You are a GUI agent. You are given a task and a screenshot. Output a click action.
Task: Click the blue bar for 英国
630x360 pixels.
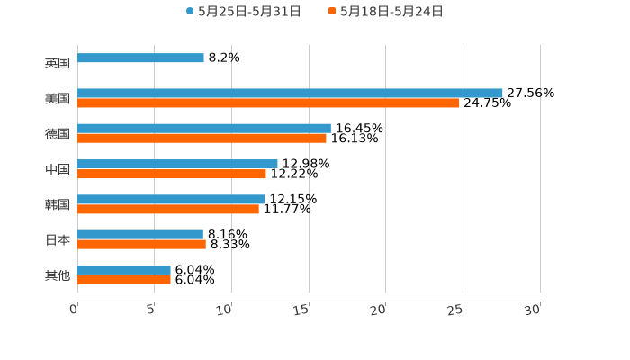(140, 58)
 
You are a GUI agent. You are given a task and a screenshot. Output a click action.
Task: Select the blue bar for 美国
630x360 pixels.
(290, 93)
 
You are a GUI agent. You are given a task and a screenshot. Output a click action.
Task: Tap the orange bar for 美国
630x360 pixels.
(268, 103)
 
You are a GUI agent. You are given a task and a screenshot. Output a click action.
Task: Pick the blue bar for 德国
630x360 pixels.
(204, 129)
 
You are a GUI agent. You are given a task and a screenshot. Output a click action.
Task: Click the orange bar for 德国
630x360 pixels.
(202, 139)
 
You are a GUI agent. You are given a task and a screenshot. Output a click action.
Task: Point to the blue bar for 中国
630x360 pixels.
(177, 164)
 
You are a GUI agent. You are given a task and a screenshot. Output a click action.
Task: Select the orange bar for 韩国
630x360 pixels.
(168, 210)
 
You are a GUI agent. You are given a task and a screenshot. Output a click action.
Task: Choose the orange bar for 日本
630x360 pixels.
(141, 245)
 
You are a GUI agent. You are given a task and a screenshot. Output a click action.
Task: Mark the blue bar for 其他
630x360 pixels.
(124, 270)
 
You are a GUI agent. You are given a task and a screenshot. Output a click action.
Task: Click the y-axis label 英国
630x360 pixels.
(58, 64)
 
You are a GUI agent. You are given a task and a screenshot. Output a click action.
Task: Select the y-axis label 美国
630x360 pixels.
(58, 99)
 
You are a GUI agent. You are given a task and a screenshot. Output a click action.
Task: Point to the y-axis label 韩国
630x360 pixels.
(58, 205)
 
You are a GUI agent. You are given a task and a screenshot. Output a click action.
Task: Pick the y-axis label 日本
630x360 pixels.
(58, 240)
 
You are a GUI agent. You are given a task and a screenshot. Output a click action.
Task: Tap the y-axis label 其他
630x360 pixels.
(58, 275)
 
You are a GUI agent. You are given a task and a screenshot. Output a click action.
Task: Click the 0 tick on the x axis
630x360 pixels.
(75, 310)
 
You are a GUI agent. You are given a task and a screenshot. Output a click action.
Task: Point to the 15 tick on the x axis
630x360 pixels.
(302, 310)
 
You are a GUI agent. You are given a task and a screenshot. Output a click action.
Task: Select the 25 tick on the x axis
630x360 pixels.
(456, 310)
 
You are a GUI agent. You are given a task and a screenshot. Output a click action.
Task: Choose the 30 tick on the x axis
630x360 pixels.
(533, 310)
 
